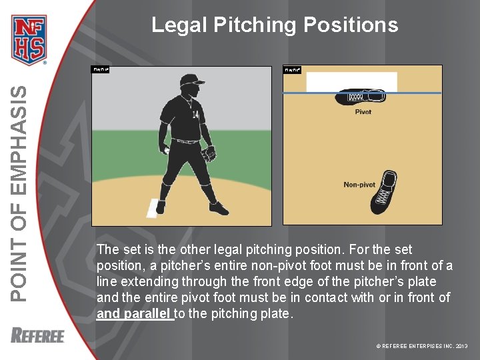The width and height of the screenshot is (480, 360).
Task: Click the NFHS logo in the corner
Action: click(x=29, y=39)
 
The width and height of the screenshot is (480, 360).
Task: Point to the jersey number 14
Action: click(x=195, y=115)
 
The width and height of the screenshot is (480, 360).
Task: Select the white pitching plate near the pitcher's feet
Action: click(x=153, y=207)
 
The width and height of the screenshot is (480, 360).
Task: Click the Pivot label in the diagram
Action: click(x=363, y=112)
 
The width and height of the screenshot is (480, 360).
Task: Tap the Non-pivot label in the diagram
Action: click(x=359, y=185)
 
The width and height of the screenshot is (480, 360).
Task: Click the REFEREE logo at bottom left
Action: click(x=37, y=335)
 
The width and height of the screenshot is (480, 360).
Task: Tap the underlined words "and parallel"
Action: click(x=135, y=314)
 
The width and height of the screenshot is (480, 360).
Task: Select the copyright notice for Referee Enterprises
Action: click(x=422, y=346)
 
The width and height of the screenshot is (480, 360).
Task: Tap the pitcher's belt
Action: click(x=187, y=141)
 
